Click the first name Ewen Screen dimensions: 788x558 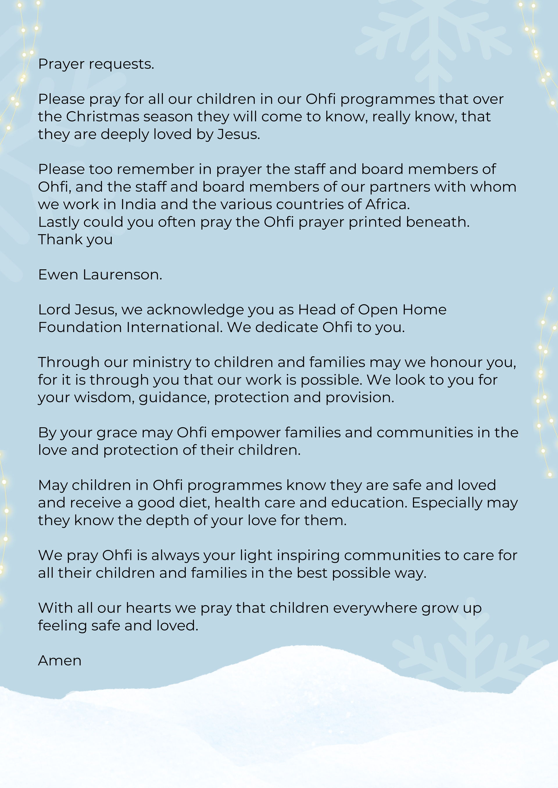58,275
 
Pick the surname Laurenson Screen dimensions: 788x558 122,275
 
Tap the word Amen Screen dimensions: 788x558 60,661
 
